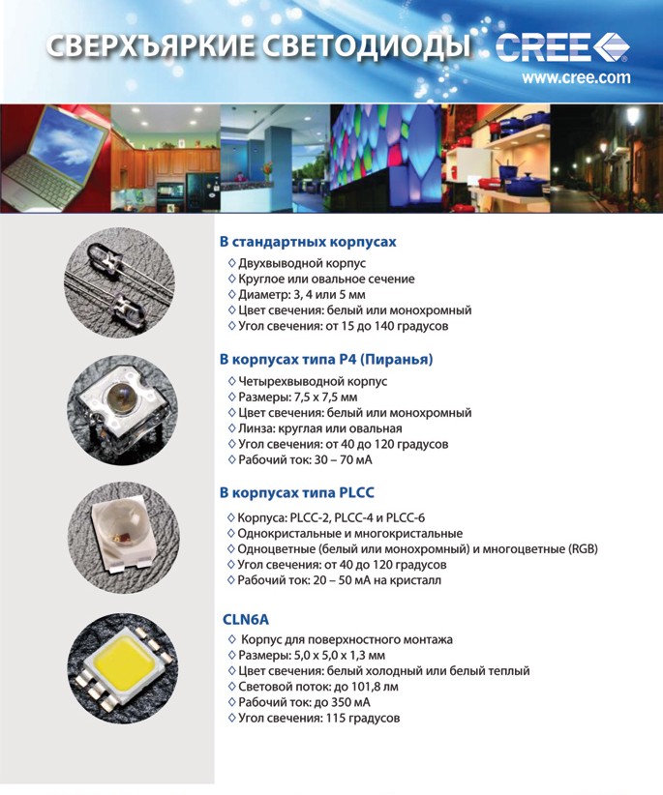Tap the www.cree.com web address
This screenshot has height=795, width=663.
[576, 77]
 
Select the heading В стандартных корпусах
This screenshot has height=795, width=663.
[308, 241]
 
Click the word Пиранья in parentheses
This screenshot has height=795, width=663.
[397, 360]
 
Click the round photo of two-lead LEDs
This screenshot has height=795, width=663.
[115, 282]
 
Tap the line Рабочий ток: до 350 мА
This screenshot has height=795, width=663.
[304, 702]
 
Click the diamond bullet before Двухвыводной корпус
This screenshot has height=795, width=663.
[230, 263]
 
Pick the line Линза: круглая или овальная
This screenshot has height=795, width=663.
[319, 428]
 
